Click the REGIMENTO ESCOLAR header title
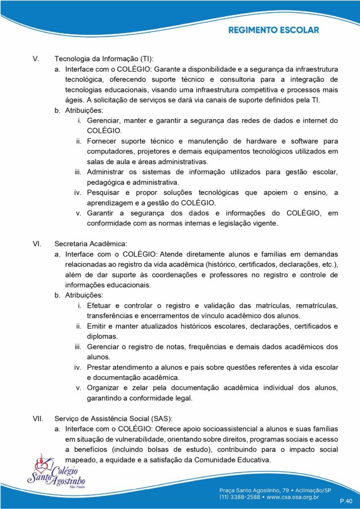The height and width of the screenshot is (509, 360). click(x=273, y=30)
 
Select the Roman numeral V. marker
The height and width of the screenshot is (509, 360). click(x=36, y=58)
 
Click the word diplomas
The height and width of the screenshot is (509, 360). click(x=102, y=336)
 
